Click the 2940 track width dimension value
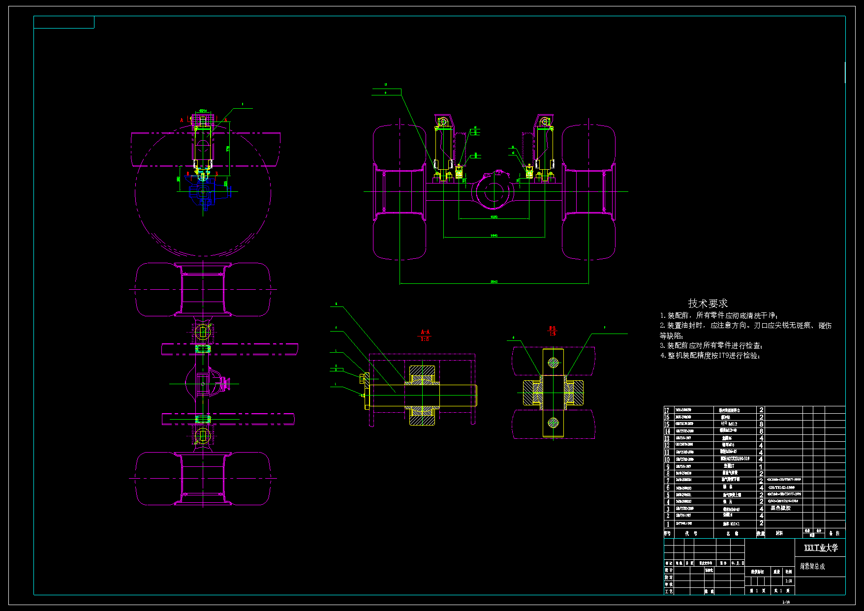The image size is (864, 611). click(x=494, y=281)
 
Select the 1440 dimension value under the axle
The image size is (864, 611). click(x=494, y=236)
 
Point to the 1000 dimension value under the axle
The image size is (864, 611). click(x=494, y=216)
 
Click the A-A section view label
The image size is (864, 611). click(x=425, y=332)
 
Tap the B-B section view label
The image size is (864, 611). click(x=553, y=328)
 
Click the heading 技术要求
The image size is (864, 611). click(x=708, y=304)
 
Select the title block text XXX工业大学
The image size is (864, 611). click(x=821, y=548)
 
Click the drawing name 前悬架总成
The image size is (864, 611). click(x=812, y=567)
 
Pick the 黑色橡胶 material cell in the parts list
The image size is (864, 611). click(x=780, y=508)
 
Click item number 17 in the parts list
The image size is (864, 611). click(x=667, y=410)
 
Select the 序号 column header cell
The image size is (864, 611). click(x=668, y=533)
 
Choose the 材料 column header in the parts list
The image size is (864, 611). click(x=779, y=533)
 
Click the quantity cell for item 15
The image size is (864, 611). click(x=761, y=424)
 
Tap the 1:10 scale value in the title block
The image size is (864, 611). click(x=789, y=581)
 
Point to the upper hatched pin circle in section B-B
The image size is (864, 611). click(x=554, y=363)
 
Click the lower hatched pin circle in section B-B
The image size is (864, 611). click(x=554, y=422)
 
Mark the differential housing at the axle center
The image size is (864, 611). click(x=494, y=192)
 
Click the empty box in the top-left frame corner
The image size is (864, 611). click(x=64, y=22)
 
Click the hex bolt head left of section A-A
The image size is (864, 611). click(x=364, y=379)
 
